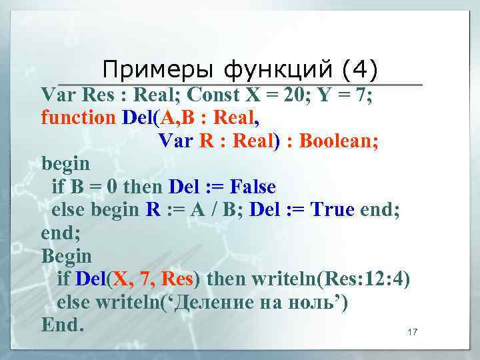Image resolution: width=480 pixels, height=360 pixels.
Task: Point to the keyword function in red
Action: coord(78,118)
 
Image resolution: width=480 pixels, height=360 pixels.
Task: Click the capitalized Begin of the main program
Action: coord(67,256)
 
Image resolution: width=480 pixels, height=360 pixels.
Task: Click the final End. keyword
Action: coord(63,325)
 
